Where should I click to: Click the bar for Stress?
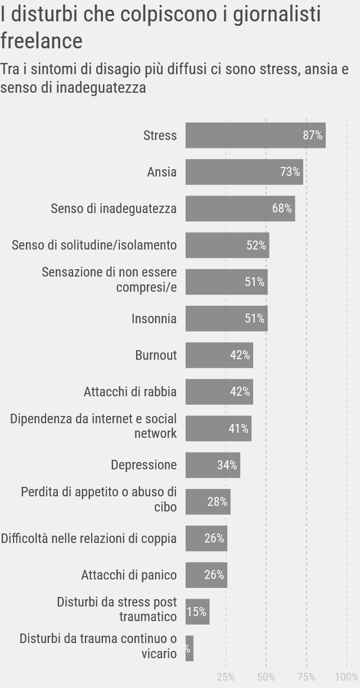pos(255,135)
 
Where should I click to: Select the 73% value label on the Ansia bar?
pos(290,172)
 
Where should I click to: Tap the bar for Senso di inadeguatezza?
pos(240,209)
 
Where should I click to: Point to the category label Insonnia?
pos(154,319)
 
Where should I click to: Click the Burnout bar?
pos(219,355)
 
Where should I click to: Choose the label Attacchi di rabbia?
pos(130,392)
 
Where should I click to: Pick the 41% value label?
pos(238,428)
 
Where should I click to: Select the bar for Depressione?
pos(213,465)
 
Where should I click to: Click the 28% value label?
pos(218,502)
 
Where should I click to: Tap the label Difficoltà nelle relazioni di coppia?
pos(89,538)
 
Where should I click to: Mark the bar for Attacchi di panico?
pos(206,575)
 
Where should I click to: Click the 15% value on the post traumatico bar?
pos(196,612)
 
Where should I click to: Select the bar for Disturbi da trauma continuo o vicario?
pos(190,648)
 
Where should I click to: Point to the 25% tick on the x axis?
pos(226,676)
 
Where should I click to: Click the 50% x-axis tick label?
pos(266,676)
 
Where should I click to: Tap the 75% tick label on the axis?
pos(307,676)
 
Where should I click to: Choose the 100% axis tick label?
pos(346,676)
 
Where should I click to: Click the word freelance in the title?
pos(42,40)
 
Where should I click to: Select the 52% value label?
pos(256,246)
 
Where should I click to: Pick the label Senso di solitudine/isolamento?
pos(94,246)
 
